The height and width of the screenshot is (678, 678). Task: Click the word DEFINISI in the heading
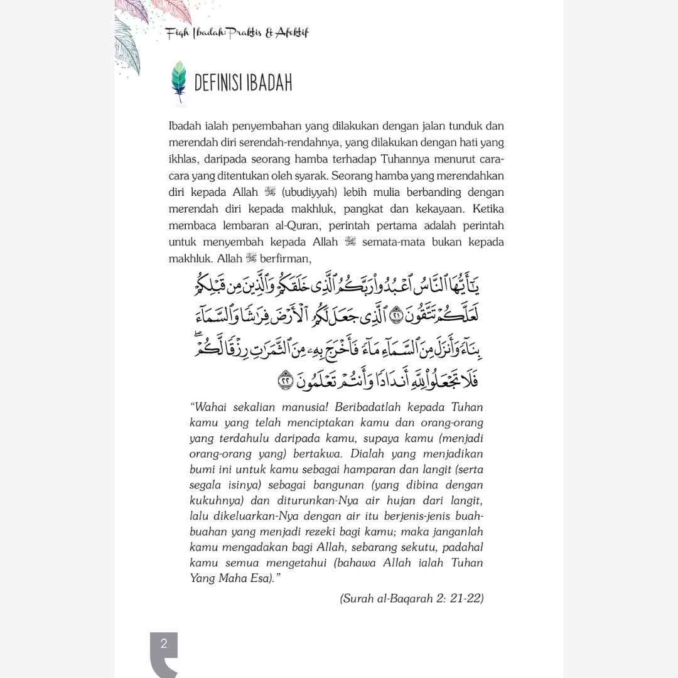click(218, 83)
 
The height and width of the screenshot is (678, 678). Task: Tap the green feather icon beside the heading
click(180, 82)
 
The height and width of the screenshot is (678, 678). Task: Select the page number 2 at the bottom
click(164, 643)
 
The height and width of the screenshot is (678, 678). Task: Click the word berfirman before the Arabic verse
click(286, 258)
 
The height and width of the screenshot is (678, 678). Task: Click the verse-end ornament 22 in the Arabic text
click(286, 379)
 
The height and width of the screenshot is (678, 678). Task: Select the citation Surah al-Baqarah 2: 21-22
click(412, 598)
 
